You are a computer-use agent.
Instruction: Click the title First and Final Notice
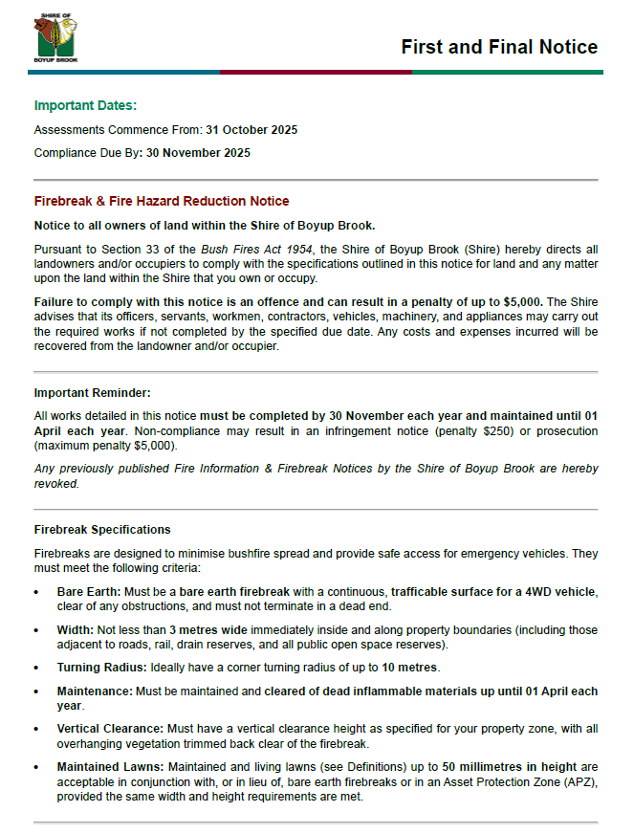tap(499, 47)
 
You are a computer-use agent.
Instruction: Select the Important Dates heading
tap(85, 105)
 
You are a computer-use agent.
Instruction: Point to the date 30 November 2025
tap(198, 152)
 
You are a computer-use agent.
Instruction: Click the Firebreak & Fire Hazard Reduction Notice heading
tap(162, 201)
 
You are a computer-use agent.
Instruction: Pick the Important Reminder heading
tap(92, 392)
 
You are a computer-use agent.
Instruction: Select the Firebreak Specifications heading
tap(102, 529)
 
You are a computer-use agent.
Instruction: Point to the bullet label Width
tap(75, 630)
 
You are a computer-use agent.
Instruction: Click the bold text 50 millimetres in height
tap(510, 766)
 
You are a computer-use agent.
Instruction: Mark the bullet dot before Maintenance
tap(36, 691)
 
